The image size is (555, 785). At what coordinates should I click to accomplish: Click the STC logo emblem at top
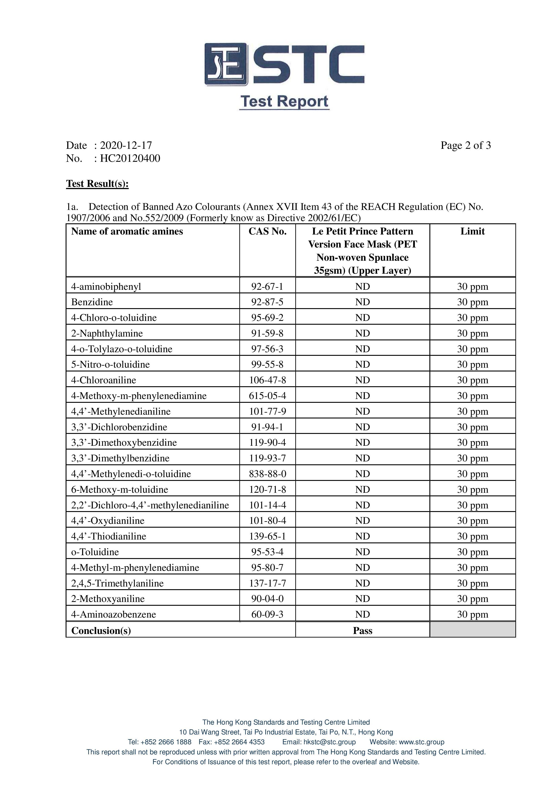coord(225,64)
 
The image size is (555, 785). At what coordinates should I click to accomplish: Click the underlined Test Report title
coord(284,102)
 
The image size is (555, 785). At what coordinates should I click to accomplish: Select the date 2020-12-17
coord(126,145)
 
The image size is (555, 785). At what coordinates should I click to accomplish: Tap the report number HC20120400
coord(130,158)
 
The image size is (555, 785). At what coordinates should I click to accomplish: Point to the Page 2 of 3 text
coord(465,145)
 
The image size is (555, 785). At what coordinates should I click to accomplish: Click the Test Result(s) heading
coord(97,183)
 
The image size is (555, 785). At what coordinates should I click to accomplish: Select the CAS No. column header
coord(267,231)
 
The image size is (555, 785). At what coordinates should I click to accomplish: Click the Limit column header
coord(472,231)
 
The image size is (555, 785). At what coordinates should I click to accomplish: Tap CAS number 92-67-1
coord(267,286)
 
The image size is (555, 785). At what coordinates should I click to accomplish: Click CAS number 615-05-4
coord(267,396)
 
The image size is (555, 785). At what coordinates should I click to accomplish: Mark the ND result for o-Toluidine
coord(362,552)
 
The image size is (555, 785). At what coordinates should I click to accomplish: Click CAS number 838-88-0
coord(267,474)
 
